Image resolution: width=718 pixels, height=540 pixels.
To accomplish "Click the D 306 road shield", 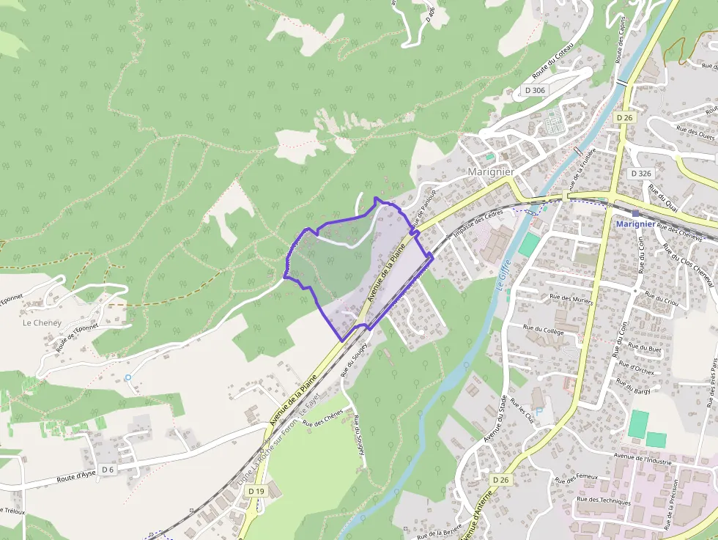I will [536, 90].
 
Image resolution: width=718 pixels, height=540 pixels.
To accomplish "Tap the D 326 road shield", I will [640, 174].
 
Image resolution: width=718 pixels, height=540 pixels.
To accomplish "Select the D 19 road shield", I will [256, 491].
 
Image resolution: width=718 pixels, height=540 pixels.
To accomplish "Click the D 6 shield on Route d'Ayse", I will [108, 469].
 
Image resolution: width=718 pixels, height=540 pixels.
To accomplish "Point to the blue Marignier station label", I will [635, 223].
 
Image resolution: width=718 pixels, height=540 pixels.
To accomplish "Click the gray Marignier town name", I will [490, 171].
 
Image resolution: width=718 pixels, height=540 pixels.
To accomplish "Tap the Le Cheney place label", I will [40, 322].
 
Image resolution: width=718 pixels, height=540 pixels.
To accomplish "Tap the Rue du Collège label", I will [543, 330].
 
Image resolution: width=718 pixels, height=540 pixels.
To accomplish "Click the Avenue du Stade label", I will [496, 418].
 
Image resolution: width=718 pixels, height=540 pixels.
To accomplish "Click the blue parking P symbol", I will [540, 411].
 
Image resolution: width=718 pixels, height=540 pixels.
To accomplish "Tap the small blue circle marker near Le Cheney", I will [128, 377].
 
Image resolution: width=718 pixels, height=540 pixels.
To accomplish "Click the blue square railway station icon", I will [635, 214].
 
